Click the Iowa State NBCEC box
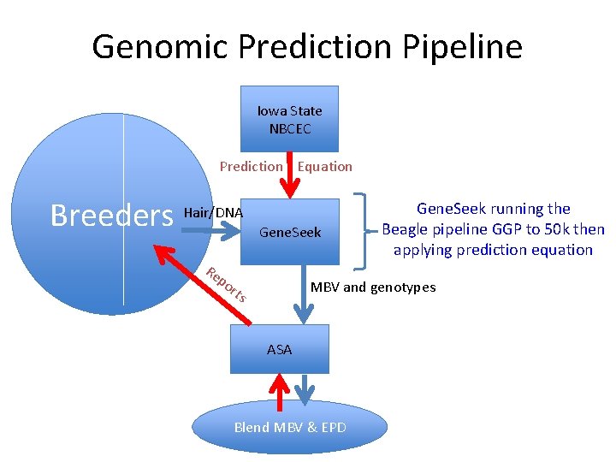pos(289,119)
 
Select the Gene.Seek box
pos(290,232)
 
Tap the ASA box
pos(279,349)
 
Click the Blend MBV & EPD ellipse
pos(290,427)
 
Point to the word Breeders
pos(111,216)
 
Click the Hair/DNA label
pos(214,212)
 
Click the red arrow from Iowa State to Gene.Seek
pos(290,175)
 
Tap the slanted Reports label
pos(227,285)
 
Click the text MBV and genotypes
pos(372,287)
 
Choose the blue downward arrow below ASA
pos(305,389)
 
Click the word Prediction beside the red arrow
pos(251,167)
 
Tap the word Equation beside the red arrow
pos(325,167)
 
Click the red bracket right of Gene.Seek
pos(368,228)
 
